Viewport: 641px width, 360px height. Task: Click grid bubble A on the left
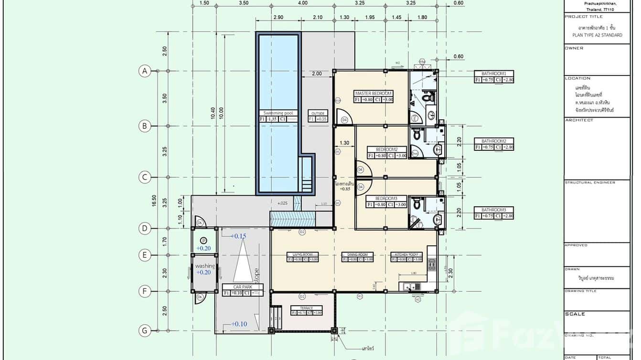[x=144, y=71]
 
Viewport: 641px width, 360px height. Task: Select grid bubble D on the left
[x=144, y=228]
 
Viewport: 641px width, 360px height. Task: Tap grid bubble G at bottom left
[x=144, y=330]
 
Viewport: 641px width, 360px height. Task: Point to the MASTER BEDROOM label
[x=373, y=93]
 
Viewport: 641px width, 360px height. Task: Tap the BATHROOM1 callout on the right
[x=494, y=74]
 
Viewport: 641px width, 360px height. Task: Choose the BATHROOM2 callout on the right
[x=494, y=141]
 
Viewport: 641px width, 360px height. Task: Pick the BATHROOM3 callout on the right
[x=494, y=210]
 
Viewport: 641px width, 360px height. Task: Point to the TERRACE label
[x=306, y=308]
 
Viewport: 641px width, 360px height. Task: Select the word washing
[x=204, y=266]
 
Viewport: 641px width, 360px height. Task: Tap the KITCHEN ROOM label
[x=406, y=254]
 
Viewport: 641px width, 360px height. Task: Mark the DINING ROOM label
[x=357, y=254]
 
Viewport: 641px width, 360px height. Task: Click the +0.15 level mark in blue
[x=238, y=236]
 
